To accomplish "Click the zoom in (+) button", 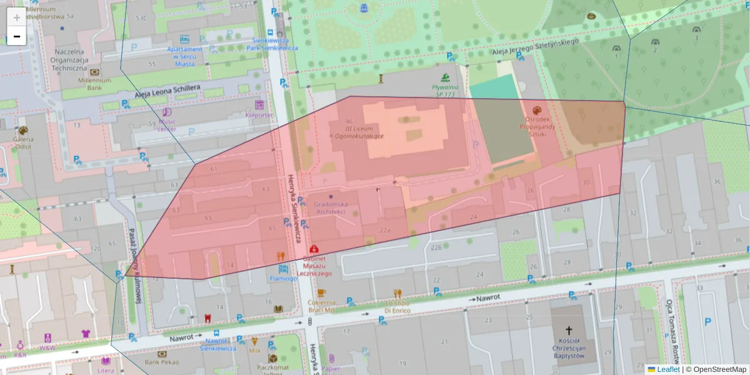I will (17, 17).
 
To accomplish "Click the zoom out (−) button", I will (17, 36).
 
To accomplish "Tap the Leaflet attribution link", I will (667, 369).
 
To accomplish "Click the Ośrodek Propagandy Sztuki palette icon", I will (536, 109).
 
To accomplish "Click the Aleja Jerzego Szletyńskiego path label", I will (536, 48).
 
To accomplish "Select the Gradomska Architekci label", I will (331, 207).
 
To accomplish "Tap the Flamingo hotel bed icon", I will (283, 269).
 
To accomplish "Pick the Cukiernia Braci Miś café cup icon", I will (321, 292).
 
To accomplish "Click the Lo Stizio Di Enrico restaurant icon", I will (397, 292).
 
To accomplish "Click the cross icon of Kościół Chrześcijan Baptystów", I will (569, 330).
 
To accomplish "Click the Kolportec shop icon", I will (259, 105).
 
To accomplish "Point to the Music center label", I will (167, 125).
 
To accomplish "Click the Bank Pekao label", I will (161, 362).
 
